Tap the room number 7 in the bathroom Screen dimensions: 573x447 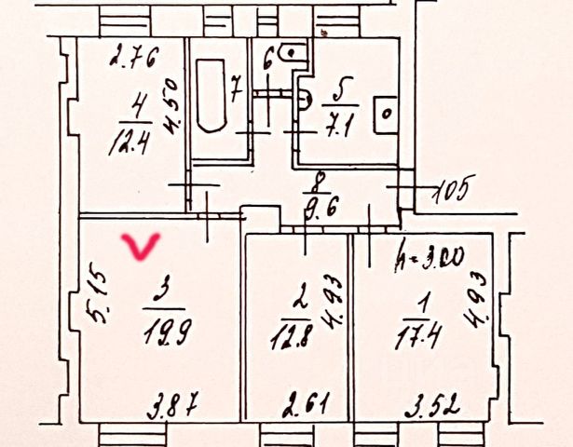237,92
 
